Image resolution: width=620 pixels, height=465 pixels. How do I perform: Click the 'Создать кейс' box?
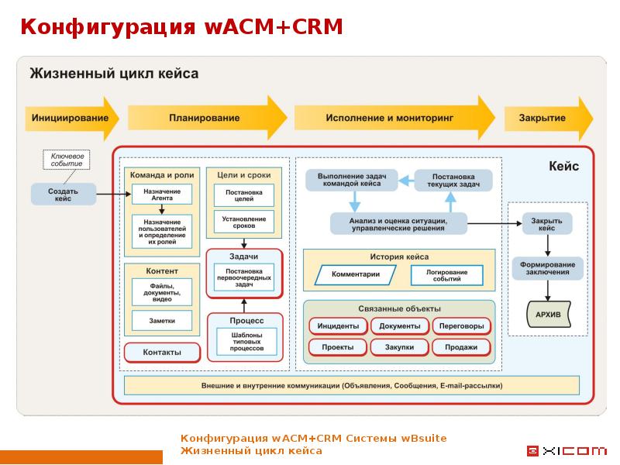[64, 194]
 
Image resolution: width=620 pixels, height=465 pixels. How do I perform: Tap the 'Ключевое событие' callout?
[66, 160]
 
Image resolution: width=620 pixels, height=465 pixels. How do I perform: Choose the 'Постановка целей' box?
[244, 195]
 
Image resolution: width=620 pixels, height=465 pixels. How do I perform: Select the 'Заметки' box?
[163, 320]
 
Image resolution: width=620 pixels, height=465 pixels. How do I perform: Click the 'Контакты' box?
[162, 352]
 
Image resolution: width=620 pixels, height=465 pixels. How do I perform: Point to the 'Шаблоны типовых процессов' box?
[244, 340]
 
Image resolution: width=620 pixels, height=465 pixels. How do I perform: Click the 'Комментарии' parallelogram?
[356, 274]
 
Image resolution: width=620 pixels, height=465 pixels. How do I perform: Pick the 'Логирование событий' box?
[447, 275]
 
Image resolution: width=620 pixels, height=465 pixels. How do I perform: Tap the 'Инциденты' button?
[338, 325]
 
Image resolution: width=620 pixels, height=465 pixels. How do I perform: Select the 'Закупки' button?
[399, 347]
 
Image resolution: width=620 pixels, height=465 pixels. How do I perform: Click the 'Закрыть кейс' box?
[547, 224]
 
